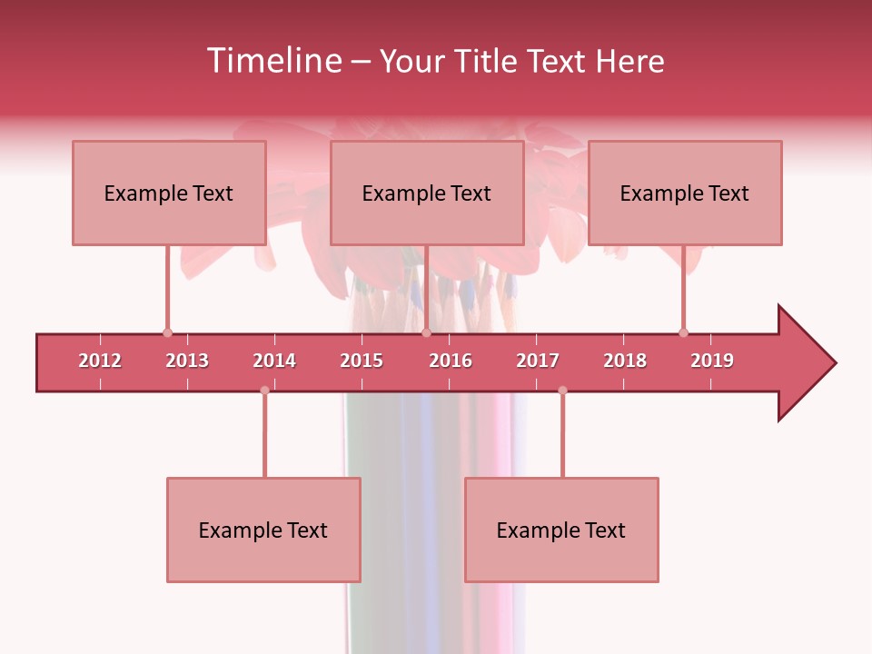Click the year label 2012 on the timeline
[x=100, y=361]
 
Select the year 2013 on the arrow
[x=187, y=361]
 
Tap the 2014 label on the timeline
[x=274, y=361]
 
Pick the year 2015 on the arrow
[x=362, y=361]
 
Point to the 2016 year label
[x=451, y=361]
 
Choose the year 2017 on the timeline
[x=538, y=361]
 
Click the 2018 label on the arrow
[x=625, y=361]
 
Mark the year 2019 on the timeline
[x=712, y=361]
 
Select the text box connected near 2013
[x=169, y=193]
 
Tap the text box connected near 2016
[x=427, y=193]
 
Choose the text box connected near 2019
[x=685, y=193]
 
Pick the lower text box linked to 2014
[x=263, y=530]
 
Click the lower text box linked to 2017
[x=561, y=530]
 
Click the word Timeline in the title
[x=272, y=61]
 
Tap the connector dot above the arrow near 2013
[x=167, y=332]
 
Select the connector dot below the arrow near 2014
[x=264, y=391]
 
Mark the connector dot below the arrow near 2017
[x=562, y=391]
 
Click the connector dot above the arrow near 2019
[x=683, y=332]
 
